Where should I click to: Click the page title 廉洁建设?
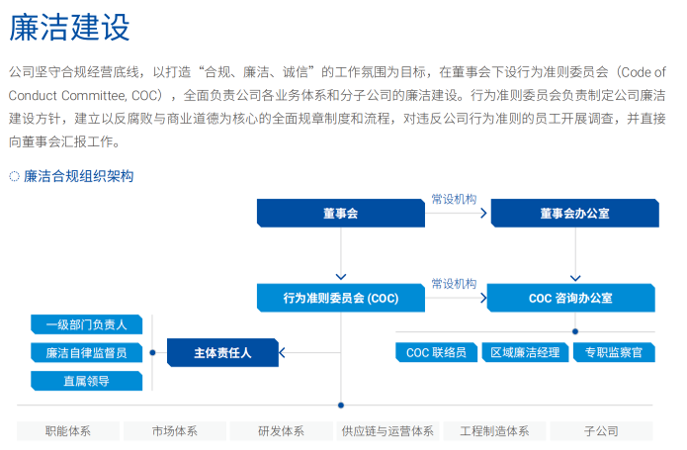(69, 27)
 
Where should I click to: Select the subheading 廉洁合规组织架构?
(78, 176)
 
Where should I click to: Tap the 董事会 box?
(341, 214)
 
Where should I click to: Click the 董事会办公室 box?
(575, 214)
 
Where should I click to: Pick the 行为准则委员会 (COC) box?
(341, 298)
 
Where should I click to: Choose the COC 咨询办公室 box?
(571, 298)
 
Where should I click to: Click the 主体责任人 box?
(222, 353)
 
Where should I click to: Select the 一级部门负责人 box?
(87, 324)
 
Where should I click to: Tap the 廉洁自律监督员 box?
(87, 353)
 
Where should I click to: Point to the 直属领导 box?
(87, 381)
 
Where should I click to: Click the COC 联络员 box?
(436, 352)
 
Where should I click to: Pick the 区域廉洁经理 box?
(525, 352)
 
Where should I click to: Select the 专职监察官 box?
(614, 352)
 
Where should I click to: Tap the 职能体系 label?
(68, 431)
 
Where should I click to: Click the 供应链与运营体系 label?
(387, 431)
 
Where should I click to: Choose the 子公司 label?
(601, 431)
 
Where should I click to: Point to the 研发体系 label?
(282, 431)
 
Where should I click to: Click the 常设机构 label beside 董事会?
(454, 200)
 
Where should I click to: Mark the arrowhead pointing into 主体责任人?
(282, 352)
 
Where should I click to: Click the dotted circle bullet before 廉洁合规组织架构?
(15, 176)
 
